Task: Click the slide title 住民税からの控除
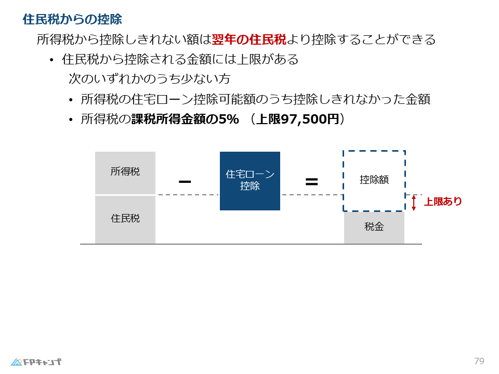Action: tap(72, 20)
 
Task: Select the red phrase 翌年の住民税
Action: tap(249, 39)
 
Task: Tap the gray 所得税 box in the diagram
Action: tap(125, 172)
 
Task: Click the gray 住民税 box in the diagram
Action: tap(125, 219)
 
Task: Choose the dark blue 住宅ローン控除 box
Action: tap(250, 181)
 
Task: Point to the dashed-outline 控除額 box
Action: tap(374, 180)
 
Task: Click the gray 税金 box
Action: tap(374, 228)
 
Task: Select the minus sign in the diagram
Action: tap(185, 182)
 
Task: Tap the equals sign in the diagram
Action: tap(311, 182)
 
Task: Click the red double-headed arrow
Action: tap(414, 203)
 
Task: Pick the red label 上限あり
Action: tap(443, 202)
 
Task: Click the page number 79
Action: tap(479, 361)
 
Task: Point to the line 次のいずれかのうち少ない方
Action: tap(150, 79)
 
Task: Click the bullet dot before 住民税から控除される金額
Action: tap(51, 61)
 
